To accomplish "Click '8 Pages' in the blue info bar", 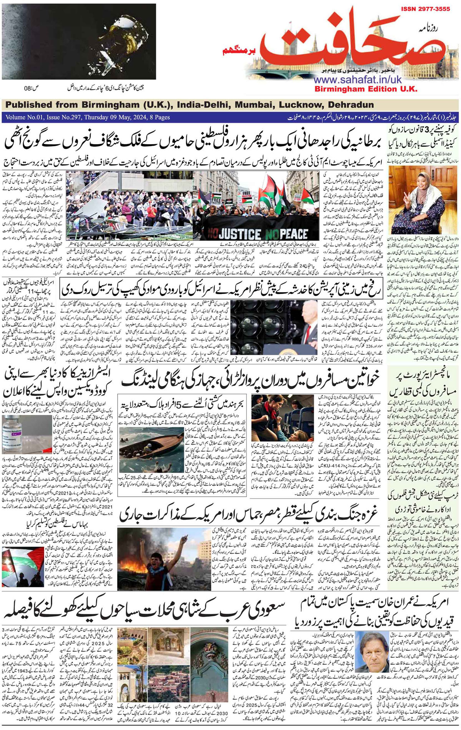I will pos(158,117).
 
